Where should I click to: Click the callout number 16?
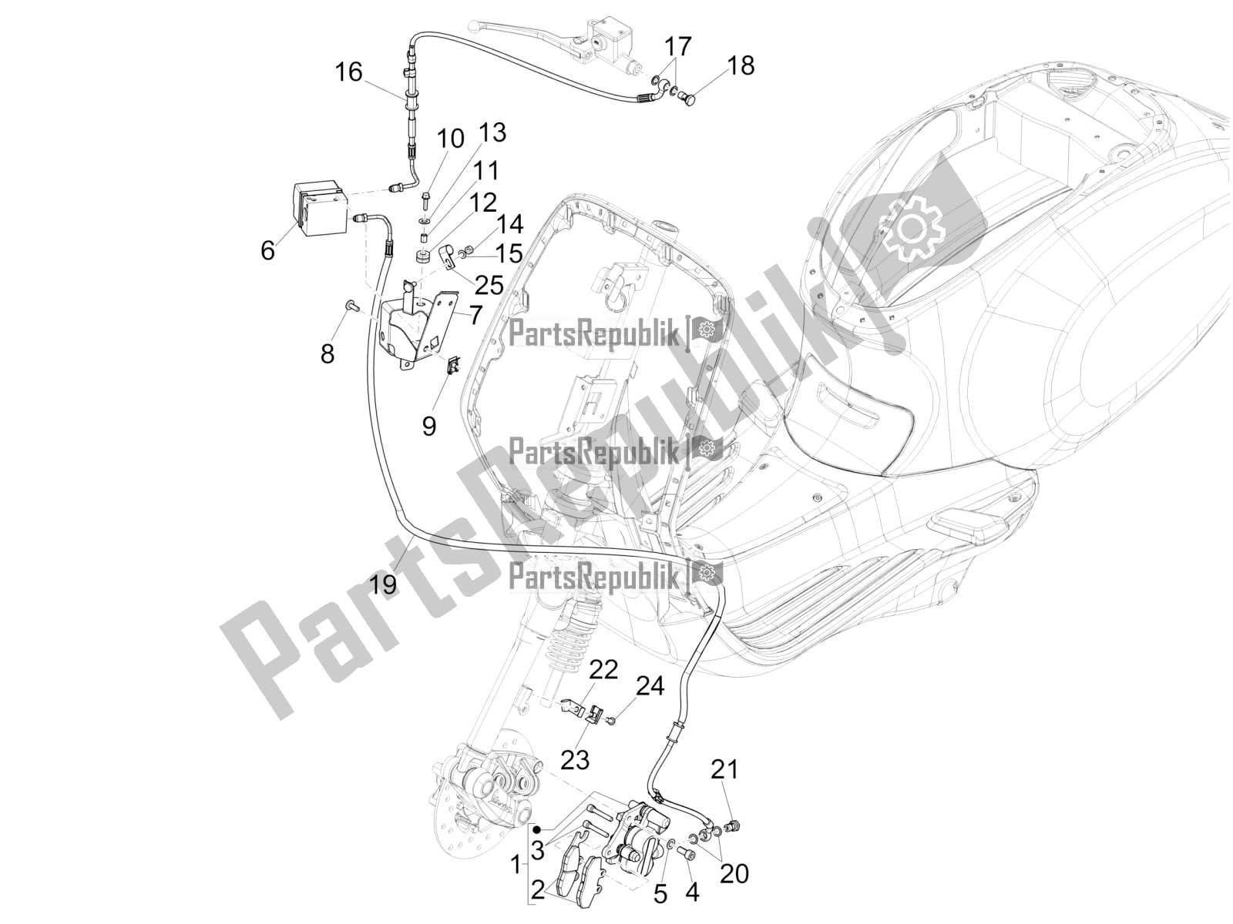[349, 72]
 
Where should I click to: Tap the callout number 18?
[741, 65]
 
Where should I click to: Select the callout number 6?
[268, 249]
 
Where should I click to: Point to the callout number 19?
[383, 584]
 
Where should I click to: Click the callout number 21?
[724, 770]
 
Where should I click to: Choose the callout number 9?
[428, 427]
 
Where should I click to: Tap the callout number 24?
[650, 686]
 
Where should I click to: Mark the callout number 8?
[328, 354]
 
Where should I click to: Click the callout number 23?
[575, 760]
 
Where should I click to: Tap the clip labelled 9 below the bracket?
[454, 365]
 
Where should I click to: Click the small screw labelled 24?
[613, 719]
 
